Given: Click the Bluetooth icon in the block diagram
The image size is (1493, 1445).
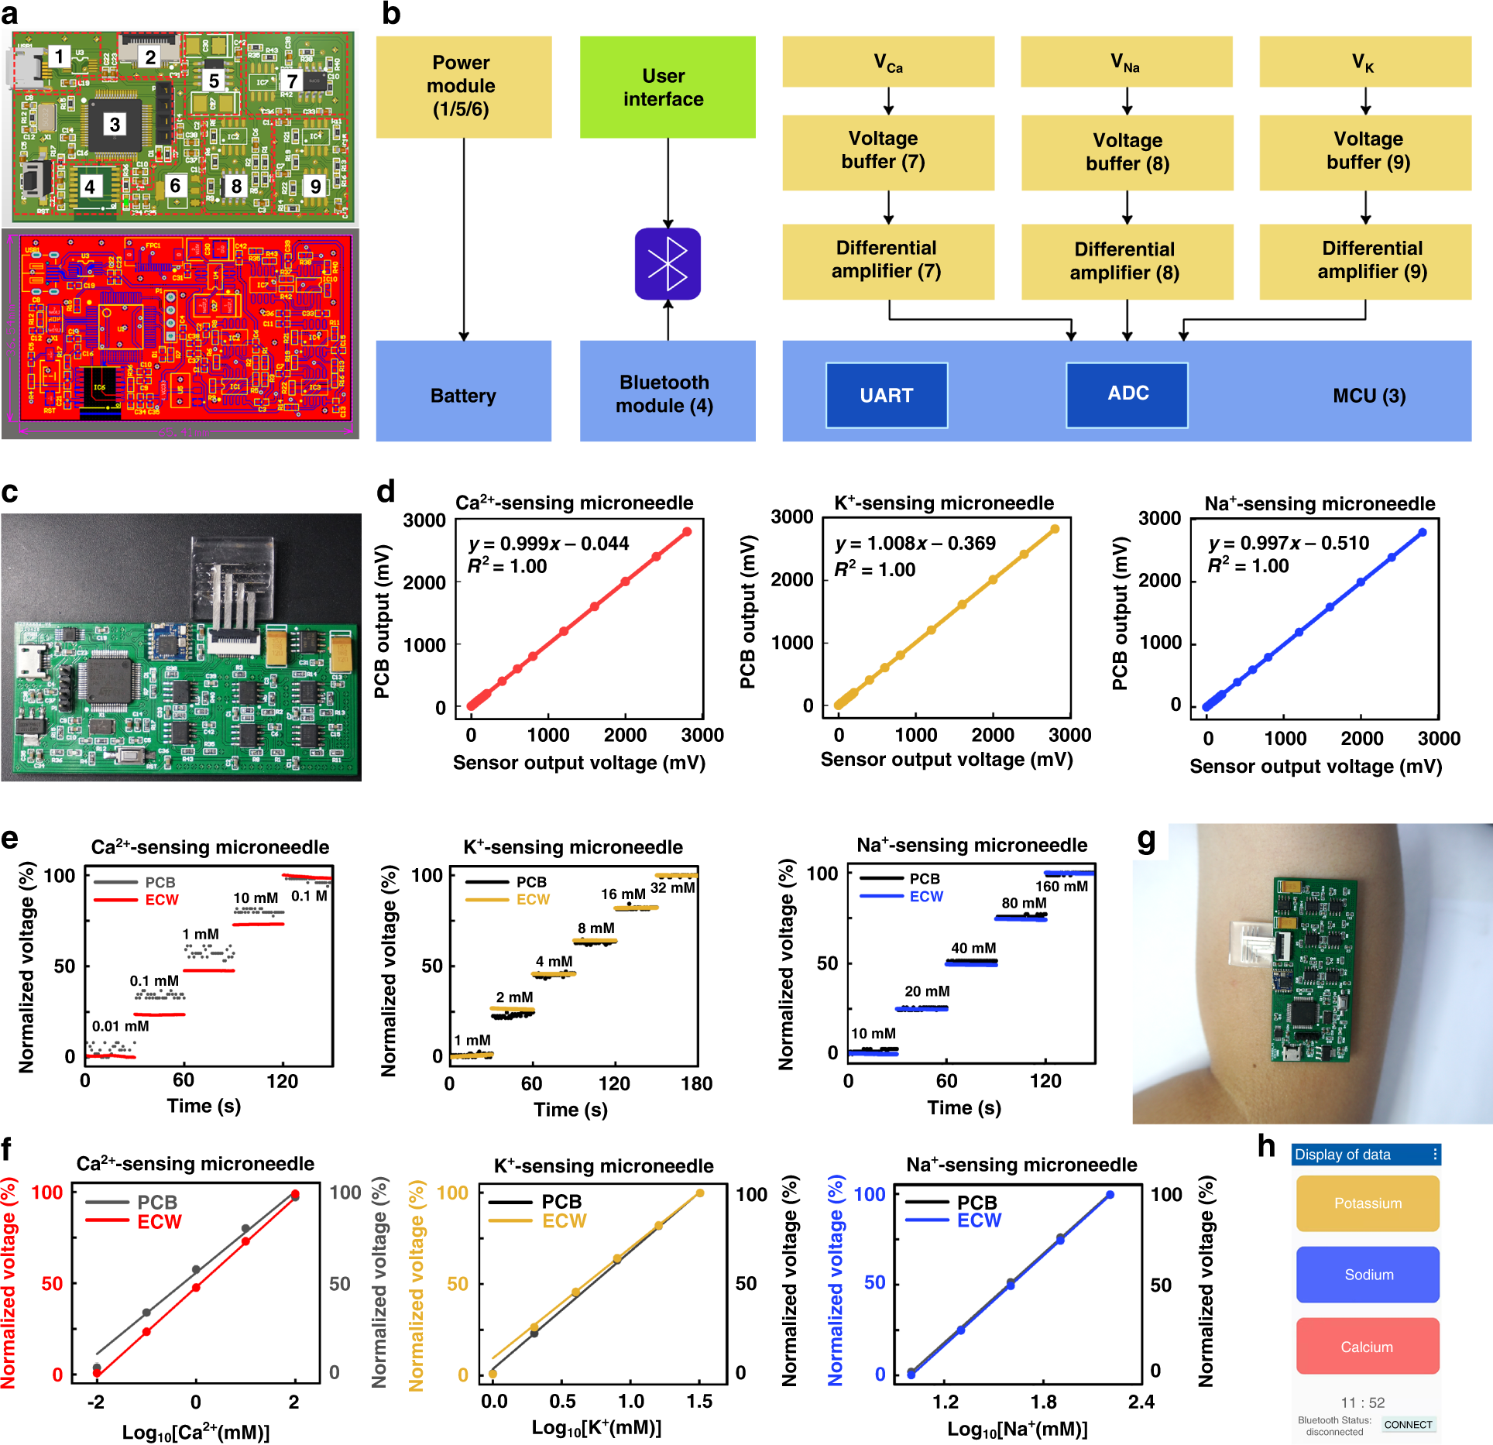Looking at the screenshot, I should point(668,263).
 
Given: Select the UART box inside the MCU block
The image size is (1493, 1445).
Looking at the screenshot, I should point(887,395).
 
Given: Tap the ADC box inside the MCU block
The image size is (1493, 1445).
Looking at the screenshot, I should point(1127,394).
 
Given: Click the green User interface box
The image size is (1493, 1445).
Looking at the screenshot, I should point(668,88).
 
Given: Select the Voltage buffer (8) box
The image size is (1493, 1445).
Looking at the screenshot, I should point(1127,153).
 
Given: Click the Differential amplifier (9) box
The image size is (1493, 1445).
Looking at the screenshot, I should point(1365,261).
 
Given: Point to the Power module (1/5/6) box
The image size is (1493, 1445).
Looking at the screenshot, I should point(463,87).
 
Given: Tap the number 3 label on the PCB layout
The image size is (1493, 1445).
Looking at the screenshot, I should point(115,125).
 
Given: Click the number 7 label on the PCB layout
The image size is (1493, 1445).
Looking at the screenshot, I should point(292,81).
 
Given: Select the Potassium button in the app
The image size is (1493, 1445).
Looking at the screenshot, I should point(1368,1203).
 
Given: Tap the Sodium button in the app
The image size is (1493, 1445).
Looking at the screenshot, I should point(1368,1275).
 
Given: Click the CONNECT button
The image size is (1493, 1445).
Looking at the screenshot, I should point(1408,1424).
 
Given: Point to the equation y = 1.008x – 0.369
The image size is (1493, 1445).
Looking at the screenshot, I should point(915,544).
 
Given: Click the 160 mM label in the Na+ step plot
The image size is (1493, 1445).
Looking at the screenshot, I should point(1062,887).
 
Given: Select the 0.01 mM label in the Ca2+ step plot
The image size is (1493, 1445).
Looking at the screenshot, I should point(120,1027).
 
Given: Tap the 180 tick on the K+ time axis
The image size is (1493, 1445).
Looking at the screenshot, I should point(696,1084).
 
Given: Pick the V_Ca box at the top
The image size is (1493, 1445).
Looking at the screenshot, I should point(888,62).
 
